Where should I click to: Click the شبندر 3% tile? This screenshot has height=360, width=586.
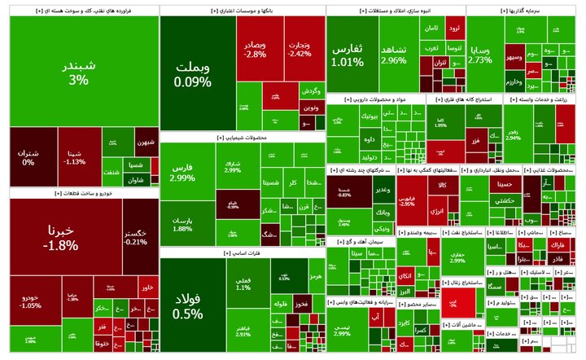tap(79, 72)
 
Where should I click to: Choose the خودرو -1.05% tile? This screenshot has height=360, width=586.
tap(31, 301)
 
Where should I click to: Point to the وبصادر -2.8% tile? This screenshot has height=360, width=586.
tap(259, 49)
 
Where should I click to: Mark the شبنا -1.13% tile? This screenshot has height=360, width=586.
tap(77, 157)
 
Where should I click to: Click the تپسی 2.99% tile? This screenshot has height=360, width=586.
tap(342, 330)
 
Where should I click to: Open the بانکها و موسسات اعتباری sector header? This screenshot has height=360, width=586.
tap(242, 9)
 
